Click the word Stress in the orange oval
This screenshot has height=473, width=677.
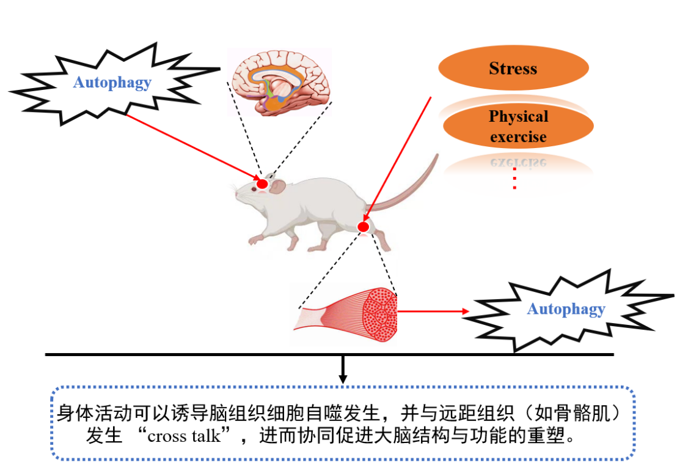coord(513,69)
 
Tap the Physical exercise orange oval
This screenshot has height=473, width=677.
coord(518,127)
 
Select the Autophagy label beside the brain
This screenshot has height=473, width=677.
coord(112,83)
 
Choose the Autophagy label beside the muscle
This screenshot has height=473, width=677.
coord(566,309)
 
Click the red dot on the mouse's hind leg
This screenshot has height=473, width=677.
coord(363,228)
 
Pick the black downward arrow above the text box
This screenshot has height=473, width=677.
coord(343,370)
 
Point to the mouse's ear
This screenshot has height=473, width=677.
coord(278,187)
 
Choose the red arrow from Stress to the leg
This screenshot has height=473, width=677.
coord(397,159)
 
